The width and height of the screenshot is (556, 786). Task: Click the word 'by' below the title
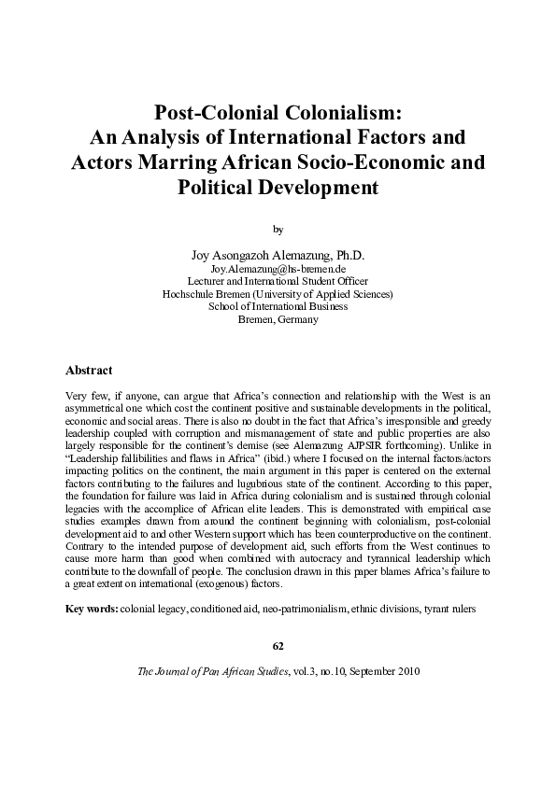(278, 228)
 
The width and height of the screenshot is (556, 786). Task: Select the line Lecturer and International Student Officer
(278, 281)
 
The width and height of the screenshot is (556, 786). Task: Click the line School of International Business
(278, 306)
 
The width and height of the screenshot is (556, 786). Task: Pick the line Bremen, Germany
(278, 319)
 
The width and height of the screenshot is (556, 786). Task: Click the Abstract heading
(91, 371)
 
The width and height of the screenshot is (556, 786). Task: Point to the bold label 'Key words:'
(91, 609)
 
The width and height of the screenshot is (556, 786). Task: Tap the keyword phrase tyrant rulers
(449, 609)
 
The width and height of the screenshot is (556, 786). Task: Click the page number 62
(278, 646)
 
